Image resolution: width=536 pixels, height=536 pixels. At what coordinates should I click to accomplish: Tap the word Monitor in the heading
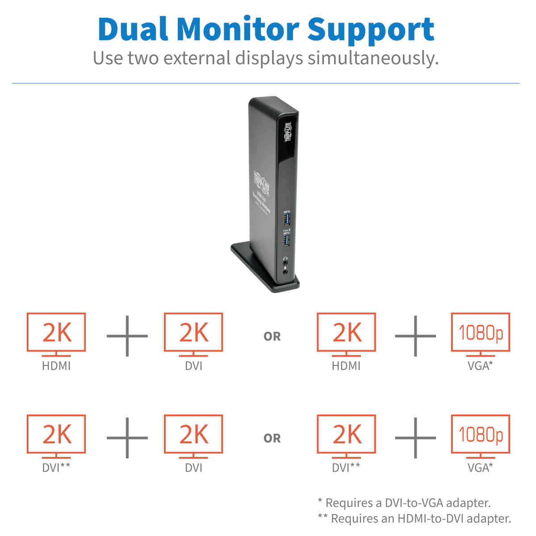point(238,29)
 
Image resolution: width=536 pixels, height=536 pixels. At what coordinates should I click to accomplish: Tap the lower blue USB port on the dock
point(286,240)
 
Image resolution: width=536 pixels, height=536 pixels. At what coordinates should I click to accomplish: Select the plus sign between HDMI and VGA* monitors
point(415,336)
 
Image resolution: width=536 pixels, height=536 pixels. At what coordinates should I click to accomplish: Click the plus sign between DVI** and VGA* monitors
point(415,438)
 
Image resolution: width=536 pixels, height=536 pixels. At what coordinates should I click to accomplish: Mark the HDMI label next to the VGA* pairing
point(346,366)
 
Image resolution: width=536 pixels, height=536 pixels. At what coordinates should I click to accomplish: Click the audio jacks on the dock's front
point(285,264)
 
